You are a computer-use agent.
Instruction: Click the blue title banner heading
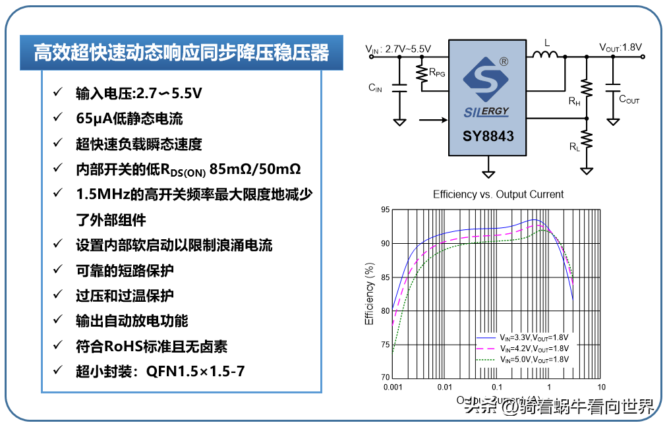[181, 53]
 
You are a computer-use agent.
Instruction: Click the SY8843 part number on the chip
[487, 137]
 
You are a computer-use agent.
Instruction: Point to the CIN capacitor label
[375, 88]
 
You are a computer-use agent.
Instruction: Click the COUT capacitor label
[629, 100]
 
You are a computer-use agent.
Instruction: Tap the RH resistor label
[575, 103]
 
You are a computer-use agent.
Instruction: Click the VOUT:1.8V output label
[620, 47]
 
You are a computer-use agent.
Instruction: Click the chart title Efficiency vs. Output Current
[498, 194]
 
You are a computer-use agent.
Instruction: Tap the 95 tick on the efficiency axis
[385, 210]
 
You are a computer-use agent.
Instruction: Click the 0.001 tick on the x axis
[392, 387]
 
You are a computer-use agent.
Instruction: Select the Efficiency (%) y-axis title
[370, 294]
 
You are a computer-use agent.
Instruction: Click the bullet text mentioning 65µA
[129, 119]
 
